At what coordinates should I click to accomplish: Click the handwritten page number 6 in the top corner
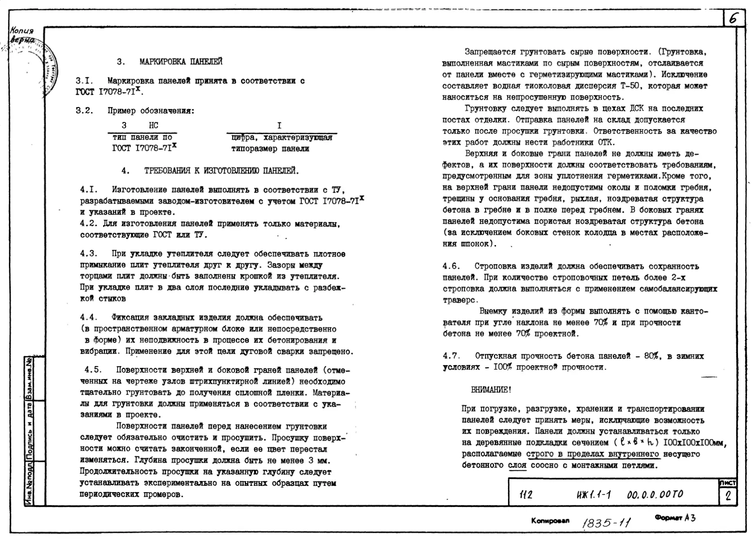point(734,19)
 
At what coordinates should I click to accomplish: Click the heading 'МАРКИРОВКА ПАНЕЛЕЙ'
point(181,62)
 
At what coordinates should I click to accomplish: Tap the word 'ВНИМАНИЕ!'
point(491,390)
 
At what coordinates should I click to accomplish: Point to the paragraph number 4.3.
point(89,254)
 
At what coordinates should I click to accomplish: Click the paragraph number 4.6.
point(451,267)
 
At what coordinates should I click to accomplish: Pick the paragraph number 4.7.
point(451,356)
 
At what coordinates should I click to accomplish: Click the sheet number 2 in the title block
point(728,497)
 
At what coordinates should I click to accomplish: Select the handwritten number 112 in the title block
point(526,495)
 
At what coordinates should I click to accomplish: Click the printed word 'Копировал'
point(550,521)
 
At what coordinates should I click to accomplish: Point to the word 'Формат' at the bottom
point(669,518)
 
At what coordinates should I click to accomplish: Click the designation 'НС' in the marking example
point(153,126)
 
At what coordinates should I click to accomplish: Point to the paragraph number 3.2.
point(84,111)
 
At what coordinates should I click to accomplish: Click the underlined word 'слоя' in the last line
point(517,466)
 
